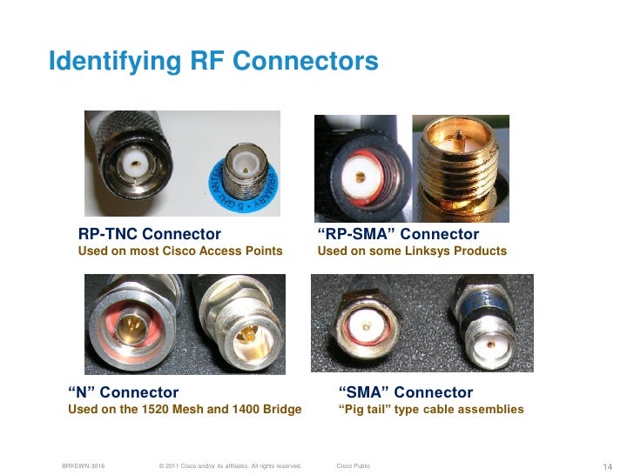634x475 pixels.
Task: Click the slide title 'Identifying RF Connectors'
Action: (213, 62)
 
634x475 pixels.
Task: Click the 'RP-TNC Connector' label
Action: (150, 234)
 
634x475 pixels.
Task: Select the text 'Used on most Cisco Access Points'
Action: (180, 251)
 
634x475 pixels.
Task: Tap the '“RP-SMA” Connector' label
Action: (398, 234)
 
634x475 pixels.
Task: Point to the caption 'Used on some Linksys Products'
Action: (412, 251)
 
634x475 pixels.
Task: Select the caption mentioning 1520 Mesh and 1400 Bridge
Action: (185, 409)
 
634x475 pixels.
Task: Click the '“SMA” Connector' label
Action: (405, 392)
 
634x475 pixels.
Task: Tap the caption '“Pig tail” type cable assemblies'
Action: (430, 409)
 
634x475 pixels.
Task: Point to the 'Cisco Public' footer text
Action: (353, 466)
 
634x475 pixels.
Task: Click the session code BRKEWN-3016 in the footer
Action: (84, 466)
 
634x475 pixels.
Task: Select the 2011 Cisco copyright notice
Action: (226, 466)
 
